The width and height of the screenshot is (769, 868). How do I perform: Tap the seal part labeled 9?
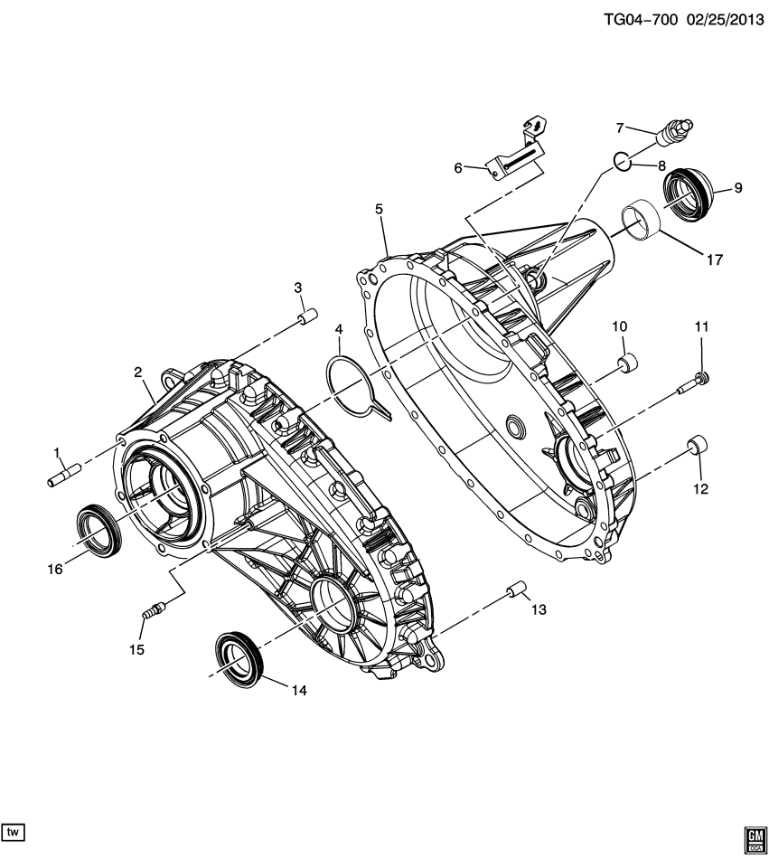click(689, 189)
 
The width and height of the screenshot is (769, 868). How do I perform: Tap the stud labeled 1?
click(64, 474)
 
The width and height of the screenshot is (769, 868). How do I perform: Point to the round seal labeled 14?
click(239, 656)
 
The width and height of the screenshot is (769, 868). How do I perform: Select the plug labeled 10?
click(625, 364)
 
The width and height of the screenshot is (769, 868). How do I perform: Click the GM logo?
click(755, 840)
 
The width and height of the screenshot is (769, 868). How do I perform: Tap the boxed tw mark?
click(14, 830)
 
